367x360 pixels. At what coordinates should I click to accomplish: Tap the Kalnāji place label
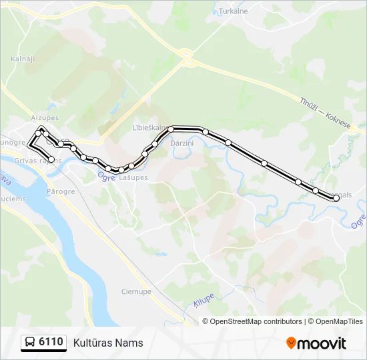22,59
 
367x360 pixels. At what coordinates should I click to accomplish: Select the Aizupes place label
45,117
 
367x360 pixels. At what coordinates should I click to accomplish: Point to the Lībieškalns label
151,127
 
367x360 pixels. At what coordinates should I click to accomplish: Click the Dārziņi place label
181,143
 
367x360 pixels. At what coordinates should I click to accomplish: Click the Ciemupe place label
136,291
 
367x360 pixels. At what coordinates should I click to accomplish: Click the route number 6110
51,343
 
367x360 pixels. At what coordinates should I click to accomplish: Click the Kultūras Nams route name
108,343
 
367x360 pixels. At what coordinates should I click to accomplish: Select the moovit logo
316,343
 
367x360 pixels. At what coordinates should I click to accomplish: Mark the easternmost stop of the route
336,197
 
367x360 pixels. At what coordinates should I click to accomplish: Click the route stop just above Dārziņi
171,129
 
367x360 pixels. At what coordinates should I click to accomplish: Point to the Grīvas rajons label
40,161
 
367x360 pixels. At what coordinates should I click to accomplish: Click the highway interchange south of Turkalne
188,57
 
